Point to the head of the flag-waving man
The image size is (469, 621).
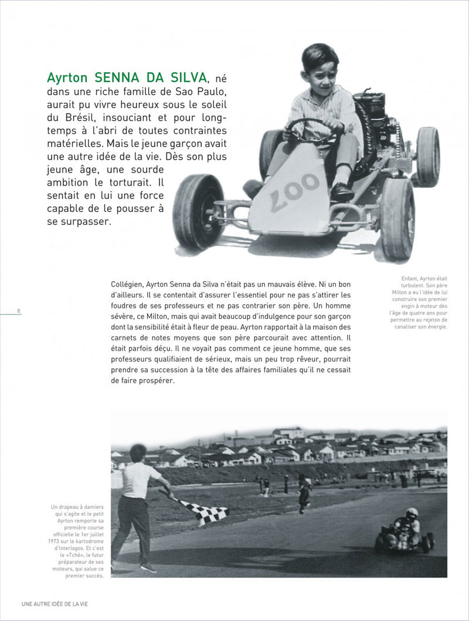pos(138,454)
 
